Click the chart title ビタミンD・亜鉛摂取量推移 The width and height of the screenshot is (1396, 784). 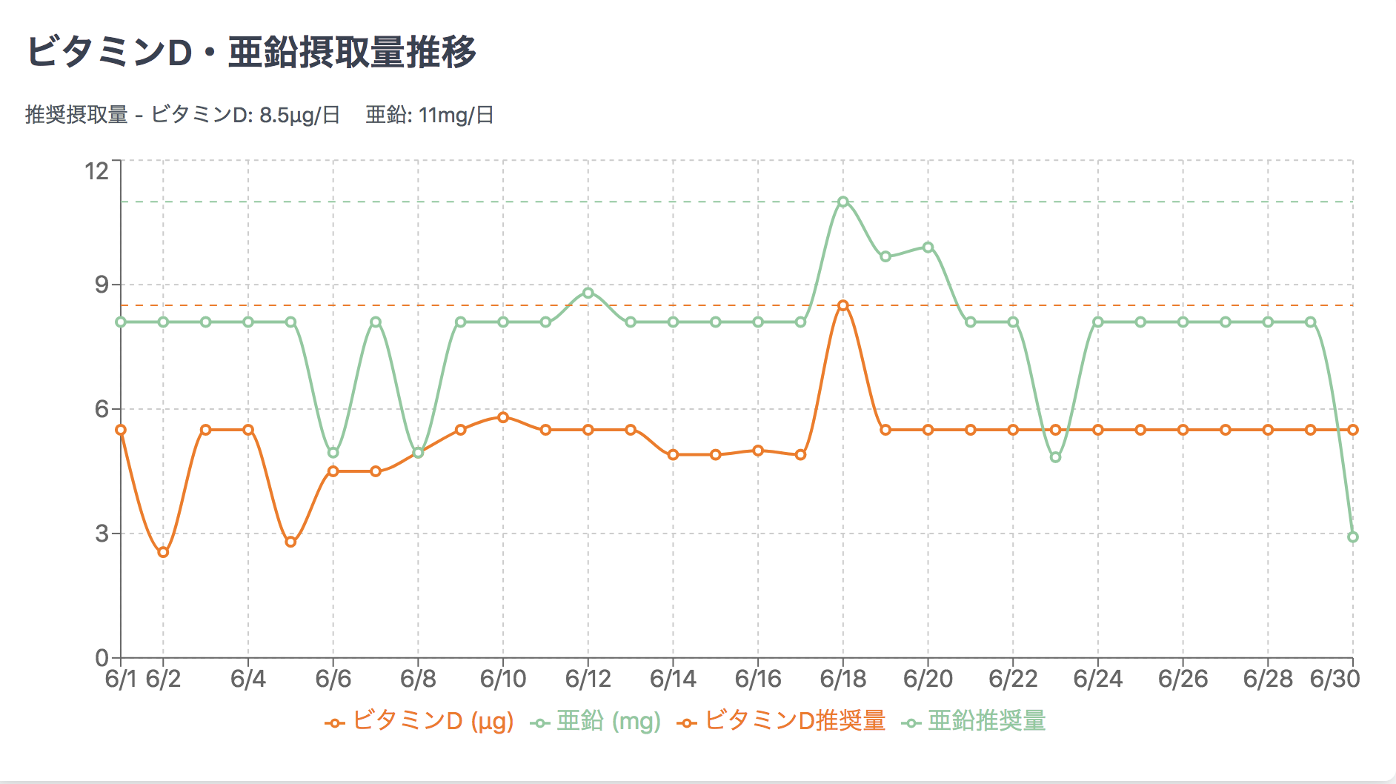[x=251, y=53]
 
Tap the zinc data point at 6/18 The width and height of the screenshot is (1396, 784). [x=843, y=202]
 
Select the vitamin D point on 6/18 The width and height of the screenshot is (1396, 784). [x=843, y=305]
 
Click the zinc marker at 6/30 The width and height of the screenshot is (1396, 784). [x=1353, y=537]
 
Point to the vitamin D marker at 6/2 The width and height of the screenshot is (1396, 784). [x=164, y=552]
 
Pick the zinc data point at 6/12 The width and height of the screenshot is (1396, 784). [x=588, y=293]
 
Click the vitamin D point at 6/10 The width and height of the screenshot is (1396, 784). [x=503, y=417]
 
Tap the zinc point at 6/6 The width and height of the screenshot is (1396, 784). [x=333, y=453]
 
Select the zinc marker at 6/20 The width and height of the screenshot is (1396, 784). [x=928, y=248]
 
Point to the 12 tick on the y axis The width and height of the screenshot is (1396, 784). [x=97, y=171]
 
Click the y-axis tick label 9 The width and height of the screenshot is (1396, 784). [x=102, y=285]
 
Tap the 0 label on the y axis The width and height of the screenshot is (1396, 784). [x=102, y=658]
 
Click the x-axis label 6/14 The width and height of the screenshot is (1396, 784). [x=673, y=679]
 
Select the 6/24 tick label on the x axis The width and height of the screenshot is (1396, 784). [x=1098, y=679]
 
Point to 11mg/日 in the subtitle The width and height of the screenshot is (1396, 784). [x=456, y=116]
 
